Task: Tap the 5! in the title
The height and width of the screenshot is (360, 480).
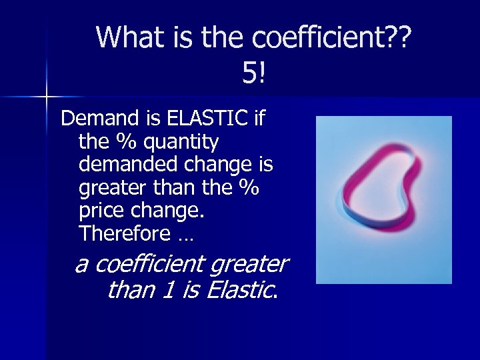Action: (x=254, y=73)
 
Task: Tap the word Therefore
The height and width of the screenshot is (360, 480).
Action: (x=124, y=234)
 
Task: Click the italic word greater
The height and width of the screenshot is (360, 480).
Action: (x=249, y=265)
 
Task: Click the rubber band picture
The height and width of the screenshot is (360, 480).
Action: (x=383, y=200)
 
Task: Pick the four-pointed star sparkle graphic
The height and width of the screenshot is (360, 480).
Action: (x=47, y=97)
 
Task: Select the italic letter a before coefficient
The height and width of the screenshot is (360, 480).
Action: (x=81, y=265)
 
